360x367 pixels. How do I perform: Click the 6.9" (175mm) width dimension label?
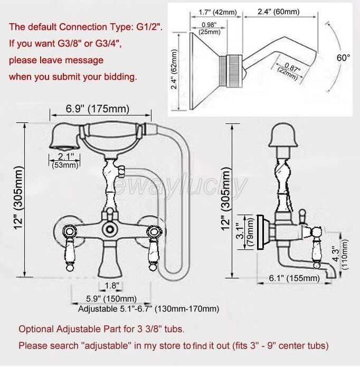coord(98,109)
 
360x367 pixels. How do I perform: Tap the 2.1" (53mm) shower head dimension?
coord(65,161)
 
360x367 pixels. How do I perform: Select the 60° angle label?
coord(343,57)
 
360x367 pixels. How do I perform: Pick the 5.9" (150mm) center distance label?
coord(111,298)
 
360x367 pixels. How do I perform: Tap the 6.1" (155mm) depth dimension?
coord(294,278)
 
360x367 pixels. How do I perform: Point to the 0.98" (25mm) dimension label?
coord(210,28)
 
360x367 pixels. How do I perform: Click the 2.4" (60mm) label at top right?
coord(279,12)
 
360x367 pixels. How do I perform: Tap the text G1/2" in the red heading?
coord(149,27)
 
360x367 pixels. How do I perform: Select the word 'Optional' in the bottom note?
coord(36,329)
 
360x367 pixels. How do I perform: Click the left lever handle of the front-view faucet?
coord(70,247)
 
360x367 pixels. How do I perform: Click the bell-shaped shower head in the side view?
coord(283,135)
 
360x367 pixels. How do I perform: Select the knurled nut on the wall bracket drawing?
coord(234,71)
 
